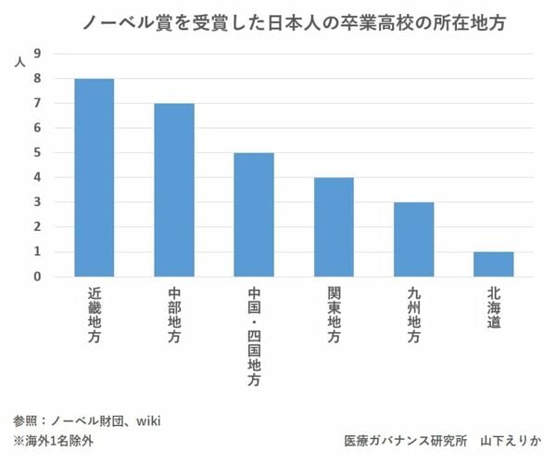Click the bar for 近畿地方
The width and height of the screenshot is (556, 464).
click(94, 177)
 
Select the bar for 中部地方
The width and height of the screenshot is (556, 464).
click(174, 189)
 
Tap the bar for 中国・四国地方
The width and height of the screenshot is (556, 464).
click(254, 214)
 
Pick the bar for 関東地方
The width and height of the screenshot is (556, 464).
click(334, 226)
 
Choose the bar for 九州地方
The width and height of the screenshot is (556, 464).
click(413, 238)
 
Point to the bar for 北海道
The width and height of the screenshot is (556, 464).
click(493, 264)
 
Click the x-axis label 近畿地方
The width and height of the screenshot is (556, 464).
click(94, 316)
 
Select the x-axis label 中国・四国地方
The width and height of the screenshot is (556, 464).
click(254, 335)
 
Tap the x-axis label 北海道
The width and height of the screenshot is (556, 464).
click(493, 306)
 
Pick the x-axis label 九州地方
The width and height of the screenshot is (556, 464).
click(413, 316)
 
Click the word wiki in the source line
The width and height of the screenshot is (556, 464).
click(149, 420)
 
